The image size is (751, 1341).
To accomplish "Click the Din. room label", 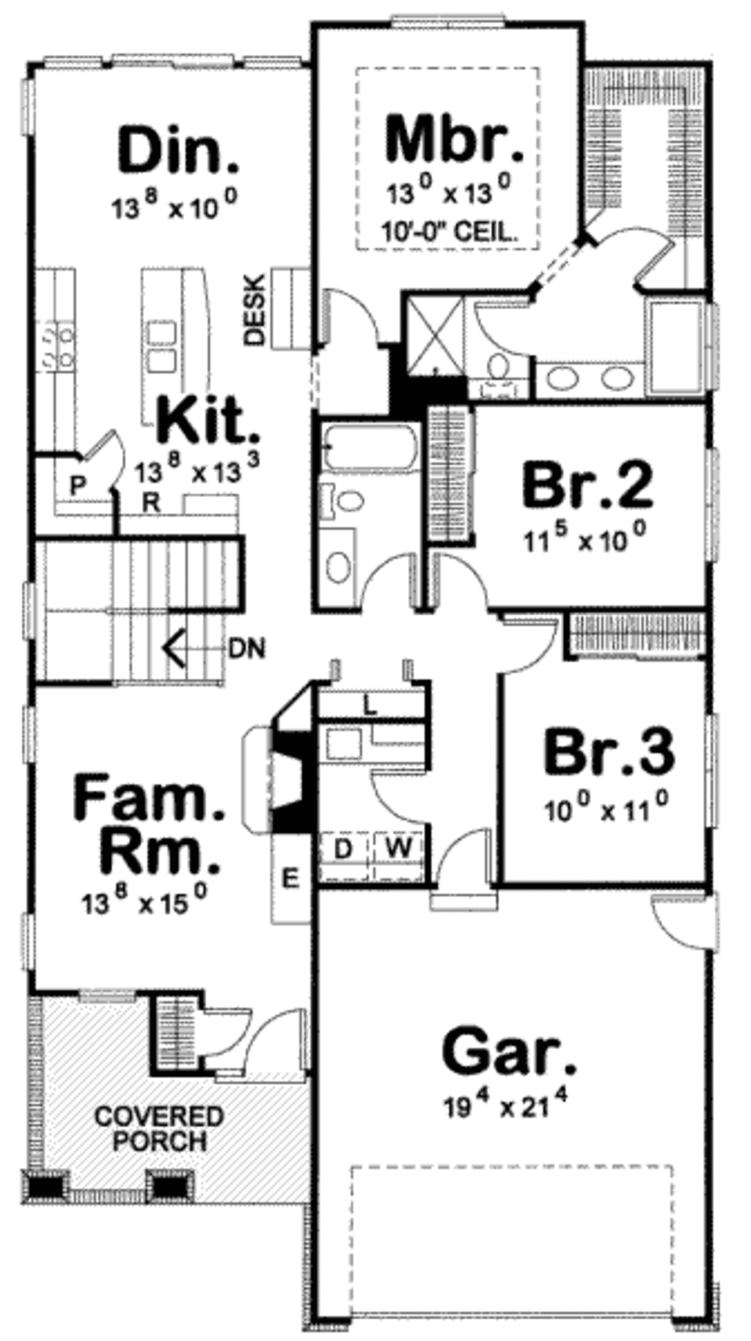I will [x=178, y=151].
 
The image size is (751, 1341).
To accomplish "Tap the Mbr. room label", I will [x=454, y=139].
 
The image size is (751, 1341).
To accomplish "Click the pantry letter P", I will [x=76, y=485].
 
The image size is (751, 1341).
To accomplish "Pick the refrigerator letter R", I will [x=151, y=502].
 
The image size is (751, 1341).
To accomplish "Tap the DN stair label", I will [x=247, y=648].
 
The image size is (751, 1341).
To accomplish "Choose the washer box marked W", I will [x=398, y=849].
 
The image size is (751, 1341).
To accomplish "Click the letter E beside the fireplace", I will [x=291, y=878].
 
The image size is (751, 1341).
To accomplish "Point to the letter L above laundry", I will [x=370, y=707].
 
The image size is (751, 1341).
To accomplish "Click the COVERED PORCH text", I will [x=159, y=1129].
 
